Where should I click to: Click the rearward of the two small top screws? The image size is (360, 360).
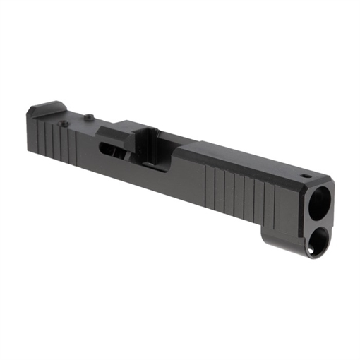[x=66, y=124]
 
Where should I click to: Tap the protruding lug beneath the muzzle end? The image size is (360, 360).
[x=282, y=236]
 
